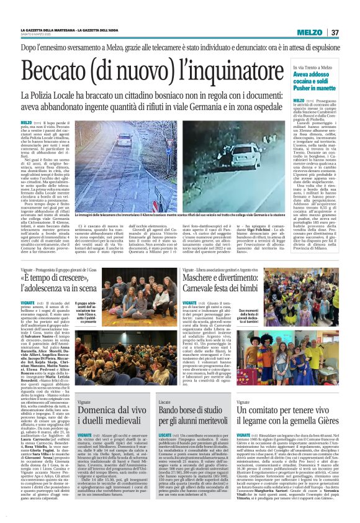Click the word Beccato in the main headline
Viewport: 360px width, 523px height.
pos(71,73)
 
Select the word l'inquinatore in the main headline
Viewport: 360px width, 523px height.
pos(223,73)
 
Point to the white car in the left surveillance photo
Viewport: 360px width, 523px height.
pos(125,140)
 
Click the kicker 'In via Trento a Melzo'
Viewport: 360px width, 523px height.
pos(313,67)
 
